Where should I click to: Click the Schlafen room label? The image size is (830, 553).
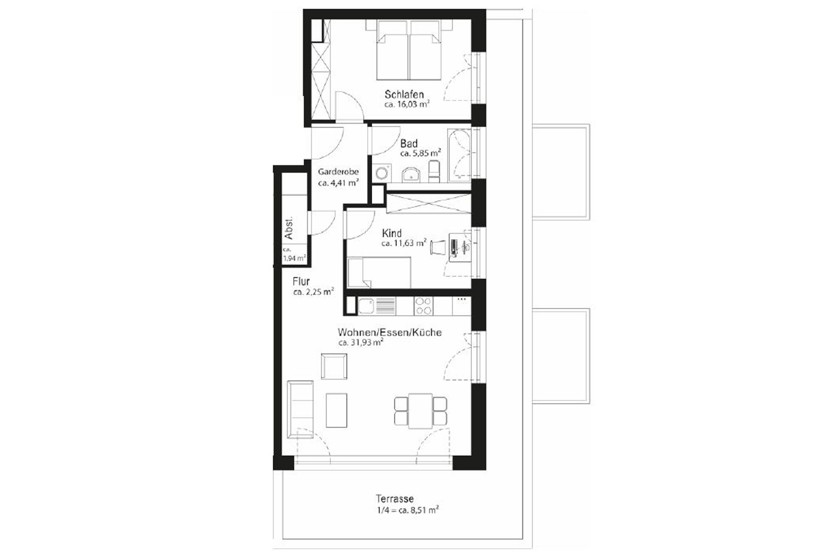click(x=404, y=94)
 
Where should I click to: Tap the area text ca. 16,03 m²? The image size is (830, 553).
click(x=406, y=105)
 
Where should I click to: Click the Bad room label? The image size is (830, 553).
click(x=409, y=143)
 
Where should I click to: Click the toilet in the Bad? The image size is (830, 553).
click(x=434, y=171)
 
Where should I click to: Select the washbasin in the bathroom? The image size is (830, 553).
click(x=411, y=175)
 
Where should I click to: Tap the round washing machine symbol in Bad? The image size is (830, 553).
click(x=382, y=173)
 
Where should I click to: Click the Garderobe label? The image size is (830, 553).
click(x=338, y=172)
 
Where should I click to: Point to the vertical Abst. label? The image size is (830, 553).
click(x=289, y=227)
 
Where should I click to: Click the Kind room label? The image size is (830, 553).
click(x=392, y=233)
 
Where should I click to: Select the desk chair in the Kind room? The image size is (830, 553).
click(x=437, y=247)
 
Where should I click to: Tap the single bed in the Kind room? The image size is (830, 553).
click(x=379, y=272)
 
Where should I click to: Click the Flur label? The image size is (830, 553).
click(x=301, y=281)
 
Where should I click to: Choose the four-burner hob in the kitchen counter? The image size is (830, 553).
click(x=423, y=306)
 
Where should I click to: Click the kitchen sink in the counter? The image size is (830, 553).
click(x=366, y=306)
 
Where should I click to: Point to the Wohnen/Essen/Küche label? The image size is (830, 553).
click(x=389, y=332)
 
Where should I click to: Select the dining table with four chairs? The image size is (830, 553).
click(x=420, y=411)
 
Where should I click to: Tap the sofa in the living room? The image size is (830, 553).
click(x=300, y=409)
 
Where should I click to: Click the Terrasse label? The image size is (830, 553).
click(x=395, y=499)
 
